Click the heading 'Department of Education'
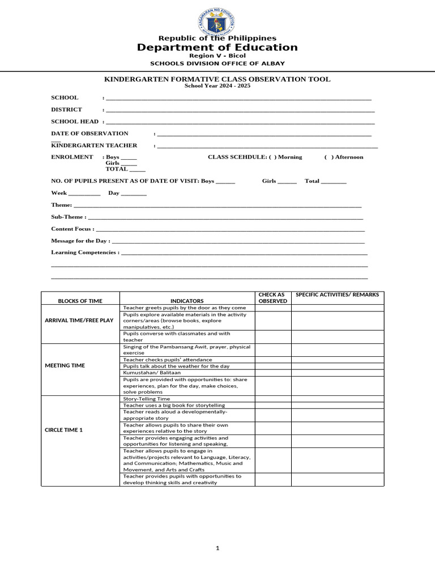(x=217, y=48)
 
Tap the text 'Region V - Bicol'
(x=217, y=56)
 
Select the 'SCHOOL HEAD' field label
(x=75, y=121)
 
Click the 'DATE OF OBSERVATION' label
(x=89, y=133)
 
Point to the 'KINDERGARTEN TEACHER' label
(x=94, y=146)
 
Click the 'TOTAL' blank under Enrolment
(x=137, y=169)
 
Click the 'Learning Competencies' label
(x=85, y=252)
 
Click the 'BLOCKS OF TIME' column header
(x=80, y=301)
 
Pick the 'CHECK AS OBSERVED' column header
(x=272, y=297)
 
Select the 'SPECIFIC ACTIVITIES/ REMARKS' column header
(x=338, y=295)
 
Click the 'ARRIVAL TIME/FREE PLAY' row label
(x=79, y=321)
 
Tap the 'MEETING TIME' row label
(x=65, y=365)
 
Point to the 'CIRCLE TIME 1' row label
(x=63, y=430)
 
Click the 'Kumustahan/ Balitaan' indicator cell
(x=147, y=373)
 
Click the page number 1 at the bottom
(x=217, y=548)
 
